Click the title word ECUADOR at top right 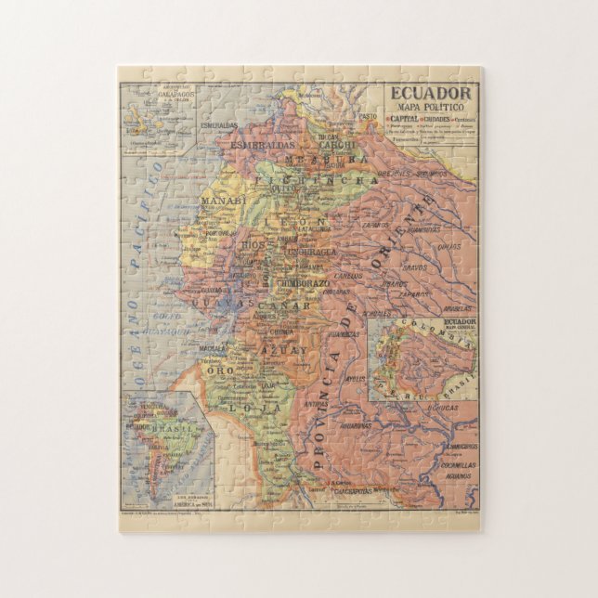coord(430,93)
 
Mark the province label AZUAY coord(284,350)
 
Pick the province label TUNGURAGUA coord(312,253)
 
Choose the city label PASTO coord(370,116)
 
